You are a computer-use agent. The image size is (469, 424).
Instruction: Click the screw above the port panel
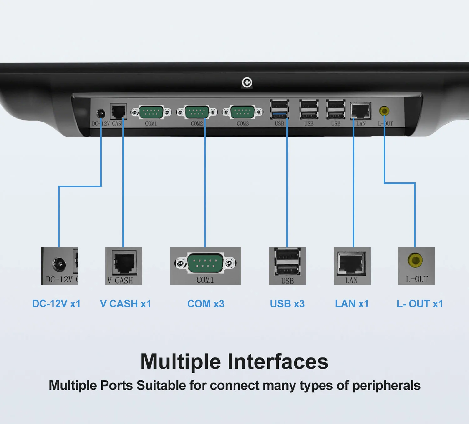click(247, 83)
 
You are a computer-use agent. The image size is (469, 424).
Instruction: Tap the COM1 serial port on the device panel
click(151, 112)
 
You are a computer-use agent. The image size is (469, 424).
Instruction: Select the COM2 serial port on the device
click(197, 112)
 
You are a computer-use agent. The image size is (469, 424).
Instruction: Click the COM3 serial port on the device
click(242, 112)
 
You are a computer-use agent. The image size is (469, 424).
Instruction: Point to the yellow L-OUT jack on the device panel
click(384, 111)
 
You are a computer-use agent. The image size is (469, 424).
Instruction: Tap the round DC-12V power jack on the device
click(101, 113)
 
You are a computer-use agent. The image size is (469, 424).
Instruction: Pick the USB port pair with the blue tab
click(280, 109)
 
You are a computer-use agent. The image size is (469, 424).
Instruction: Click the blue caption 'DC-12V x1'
click(56, 304)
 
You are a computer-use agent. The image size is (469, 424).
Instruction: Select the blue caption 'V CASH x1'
click(125, 304)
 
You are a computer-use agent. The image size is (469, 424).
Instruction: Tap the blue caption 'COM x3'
click(206, 304)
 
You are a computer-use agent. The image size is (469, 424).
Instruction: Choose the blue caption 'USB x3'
click(287, 304)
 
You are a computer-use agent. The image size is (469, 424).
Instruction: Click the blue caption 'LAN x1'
click(352, 304)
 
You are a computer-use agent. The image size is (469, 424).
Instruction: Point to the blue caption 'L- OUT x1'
click(420, 304)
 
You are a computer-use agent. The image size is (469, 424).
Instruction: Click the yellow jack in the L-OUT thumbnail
click(415, 260)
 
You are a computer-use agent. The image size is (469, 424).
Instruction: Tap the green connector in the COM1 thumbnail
click(205, 263)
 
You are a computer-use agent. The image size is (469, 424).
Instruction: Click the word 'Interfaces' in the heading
click(278, 362)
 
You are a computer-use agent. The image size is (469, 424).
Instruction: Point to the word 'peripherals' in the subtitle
click(386, 386)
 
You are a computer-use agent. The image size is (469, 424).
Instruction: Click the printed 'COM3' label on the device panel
click(243, 124)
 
